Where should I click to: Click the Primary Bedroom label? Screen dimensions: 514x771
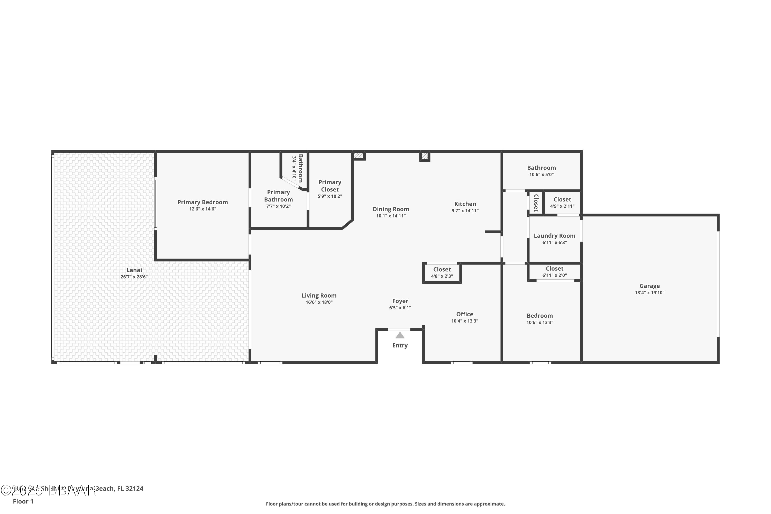coord(202,202)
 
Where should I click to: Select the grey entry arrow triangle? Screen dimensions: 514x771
coord(400,335)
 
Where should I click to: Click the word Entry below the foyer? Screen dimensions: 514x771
coord(400,345)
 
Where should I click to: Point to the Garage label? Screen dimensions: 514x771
coord(649,286)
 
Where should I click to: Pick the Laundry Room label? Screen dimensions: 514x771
coord(554,236)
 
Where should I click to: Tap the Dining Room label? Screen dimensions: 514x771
coord(390,209)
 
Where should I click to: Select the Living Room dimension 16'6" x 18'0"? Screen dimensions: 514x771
coord(319,302)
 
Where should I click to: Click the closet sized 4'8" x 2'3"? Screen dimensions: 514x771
coord(442,273)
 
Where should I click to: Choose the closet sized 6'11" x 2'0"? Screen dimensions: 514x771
coord(554,272)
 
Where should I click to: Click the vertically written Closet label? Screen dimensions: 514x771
coord(536,203)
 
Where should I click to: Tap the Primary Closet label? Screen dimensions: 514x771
coord(329,186)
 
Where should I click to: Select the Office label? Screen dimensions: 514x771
coord(464,314)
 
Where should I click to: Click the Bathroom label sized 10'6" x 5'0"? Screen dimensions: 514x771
coord(541,168)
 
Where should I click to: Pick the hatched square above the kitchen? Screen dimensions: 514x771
coord(424,156)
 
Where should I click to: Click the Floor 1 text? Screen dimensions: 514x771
coord(23,501)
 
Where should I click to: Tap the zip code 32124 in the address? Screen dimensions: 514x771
coord(134,489)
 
